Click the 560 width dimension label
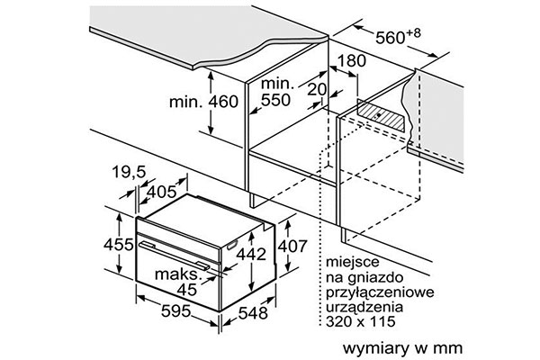[x=398, y=37]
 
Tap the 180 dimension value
[x=351, y=61]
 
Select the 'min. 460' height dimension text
[x=203, y=102]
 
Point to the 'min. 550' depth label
[x=276, y=92]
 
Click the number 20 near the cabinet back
[x=317, y=90]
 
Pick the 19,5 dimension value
[x=129, y=172]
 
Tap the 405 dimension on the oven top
[x=161, y=192]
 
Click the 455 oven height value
[x=119, y=245]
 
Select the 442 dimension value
[x=251, y=254]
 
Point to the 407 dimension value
[x=292, y=247]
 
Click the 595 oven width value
[x=176, y=311]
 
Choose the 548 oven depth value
[x=253, y=313]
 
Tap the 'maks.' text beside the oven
[x=177, y=274]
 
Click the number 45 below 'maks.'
[x=187, y=290]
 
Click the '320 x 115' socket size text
[x=361, y=321]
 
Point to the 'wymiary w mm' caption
[x=402, y=348]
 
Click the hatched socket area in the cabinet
[x=381, y=115]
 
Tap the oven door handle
[x=174, y=255]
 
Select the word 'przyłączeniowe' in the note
[x=380, y=292]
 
